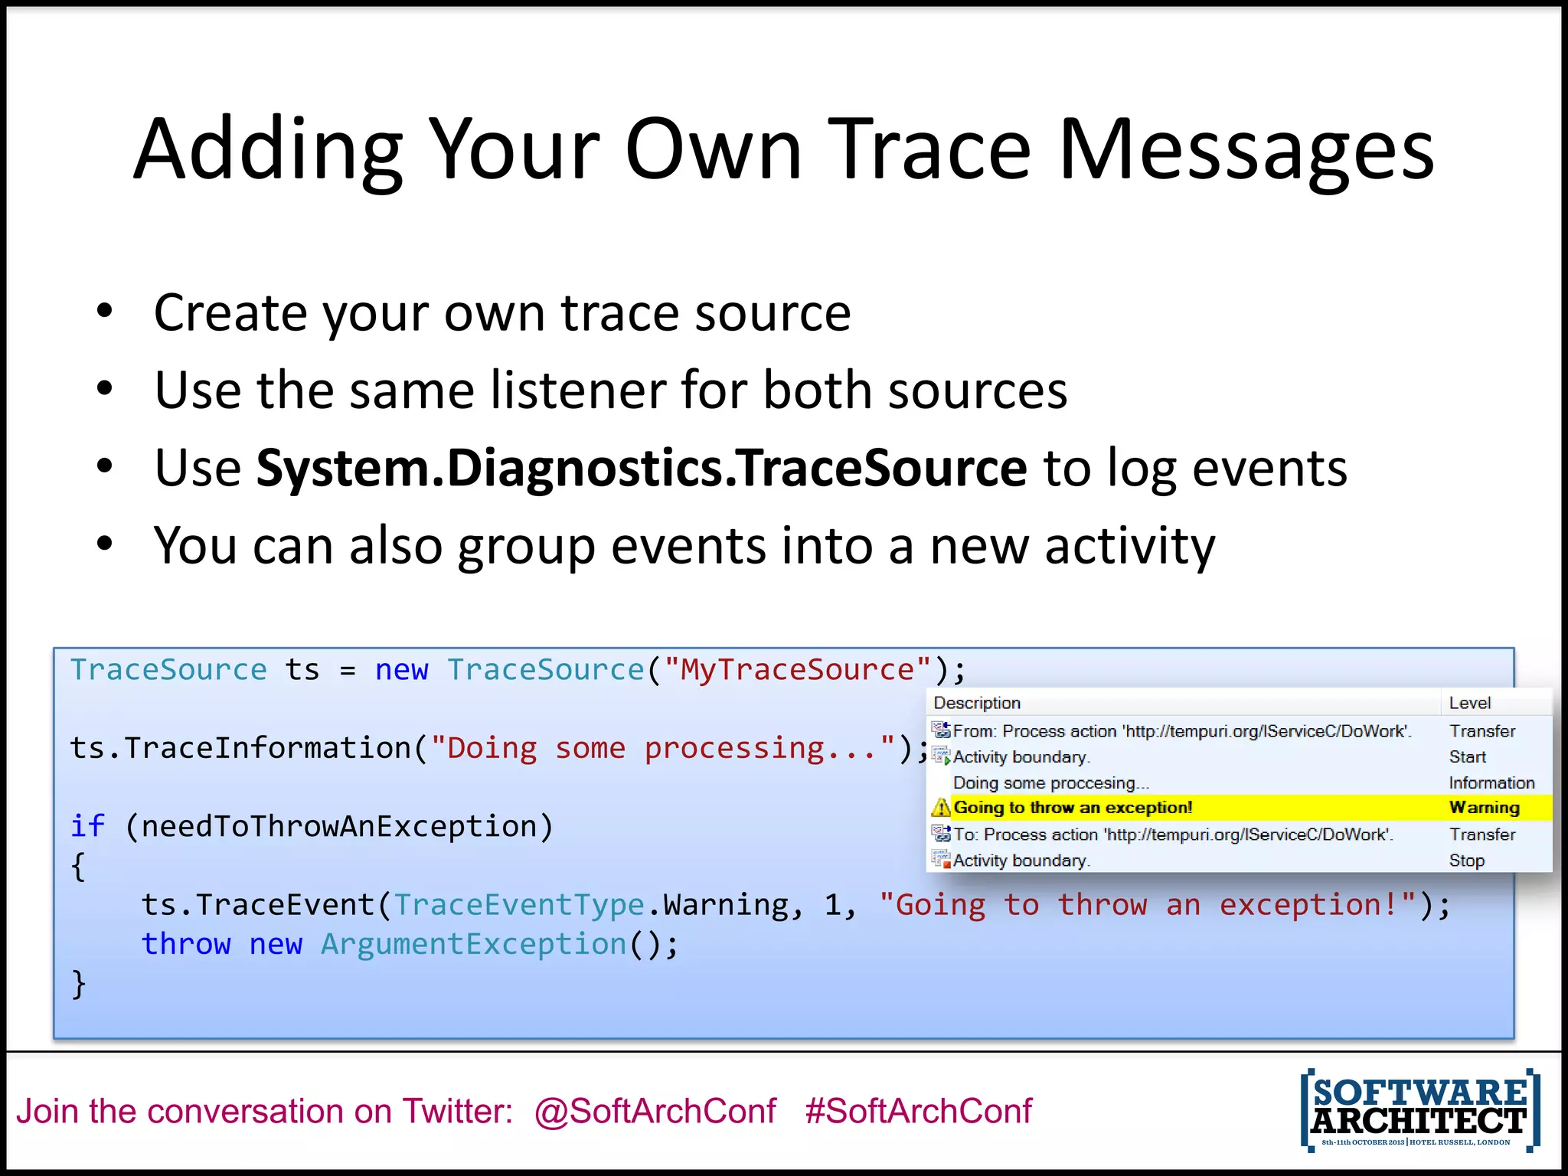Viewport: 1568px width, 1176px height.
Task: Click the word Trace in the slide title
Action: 929,151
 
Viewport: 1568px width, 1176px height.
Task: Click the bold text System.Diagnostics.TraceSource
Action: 641,468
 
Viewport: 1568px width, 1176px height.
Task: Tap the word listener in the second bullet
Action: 577,390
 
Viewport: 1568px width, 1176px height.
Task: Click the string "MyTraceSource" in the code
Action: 798,670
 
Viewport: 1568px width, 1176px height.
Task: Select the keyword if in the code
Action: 87,826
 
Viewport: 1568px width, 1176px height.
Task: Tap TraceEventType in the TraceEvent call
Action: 519,905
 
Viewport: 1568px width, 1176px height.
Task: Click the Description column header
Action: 977,703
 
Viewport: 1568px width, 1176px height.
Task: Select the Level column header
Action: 1469,703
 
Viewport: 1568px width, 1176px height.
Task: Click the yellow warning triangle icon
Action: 941,808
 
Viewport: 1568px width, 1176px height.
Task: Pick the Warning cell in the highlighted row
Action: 1484,808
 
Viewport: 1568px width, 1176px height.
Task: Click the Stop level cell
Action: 1466,861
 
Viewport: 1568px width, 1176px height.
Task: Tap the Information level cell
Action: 1491,782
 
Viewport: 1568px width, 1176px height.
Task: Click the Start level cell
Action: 1467,757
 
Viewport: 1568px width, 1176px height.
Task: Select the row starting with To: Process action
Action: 1172,835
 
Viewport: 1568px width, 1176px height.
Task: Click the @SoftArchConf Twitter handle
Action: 655,1111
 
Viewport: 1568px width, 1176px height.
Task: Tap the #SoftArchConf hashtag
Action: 918,1111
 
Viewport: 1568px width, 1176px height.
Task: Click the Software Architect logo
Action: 1419,1110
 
